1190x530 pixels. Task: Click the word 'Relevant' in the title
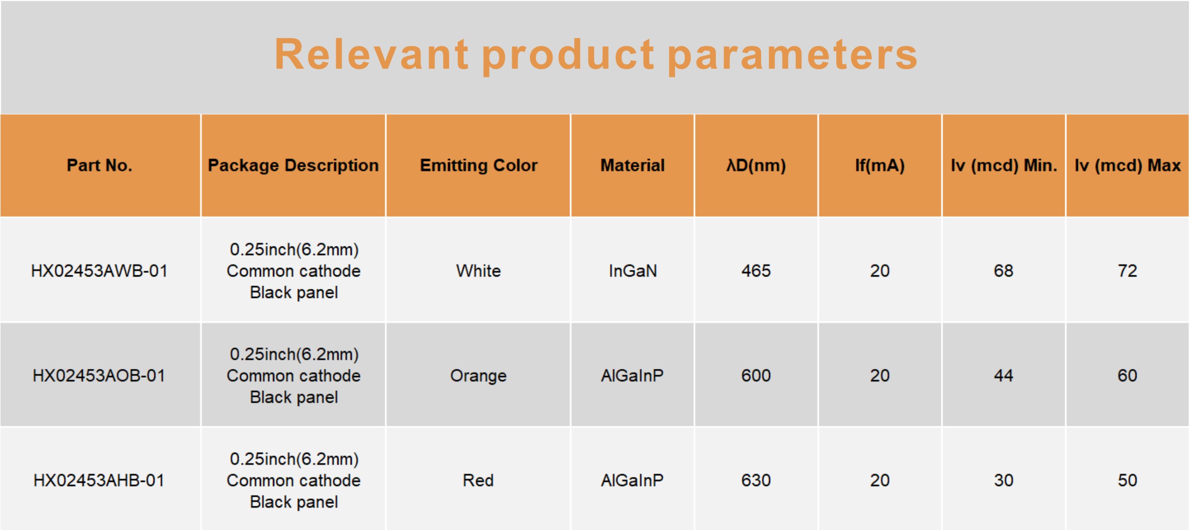point(371,54)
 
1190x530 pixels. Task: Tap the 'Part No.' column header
point(99,165)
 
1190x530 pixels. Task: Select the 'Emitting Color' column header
point(479,165)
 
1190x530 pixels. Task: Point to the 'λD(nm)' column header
point(756,165)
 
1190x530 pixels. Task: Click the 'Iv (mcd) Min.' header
point(1004,165)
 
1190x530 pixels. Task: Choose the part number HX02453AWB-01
point(99,270)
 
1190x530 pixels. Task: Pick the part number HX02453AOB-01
point(99,376)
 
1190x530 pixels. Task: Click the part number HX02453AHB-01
point(99,480)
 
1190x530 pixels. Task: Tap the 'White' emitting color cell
point(479,270)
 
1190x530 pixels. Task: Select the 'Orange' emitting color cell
point(479,376)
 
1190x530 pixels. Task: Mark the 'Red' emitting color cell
point(479,480)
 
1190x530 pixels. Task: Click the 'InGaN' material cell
point(633,270)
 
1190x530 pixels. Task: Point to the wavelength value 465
point(756,270)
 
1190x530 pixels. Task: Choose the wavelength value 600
point(756,376)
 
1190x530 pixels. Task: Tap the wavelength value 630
point(756,480)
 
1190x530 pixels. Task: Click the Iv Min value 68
point(1004,270)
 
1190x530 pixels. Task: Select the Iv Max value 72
point(1128,270)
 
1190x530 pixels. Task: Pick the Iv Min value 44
point(1004,376)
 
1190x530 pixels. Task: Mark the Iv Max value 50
point(1128,480)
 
